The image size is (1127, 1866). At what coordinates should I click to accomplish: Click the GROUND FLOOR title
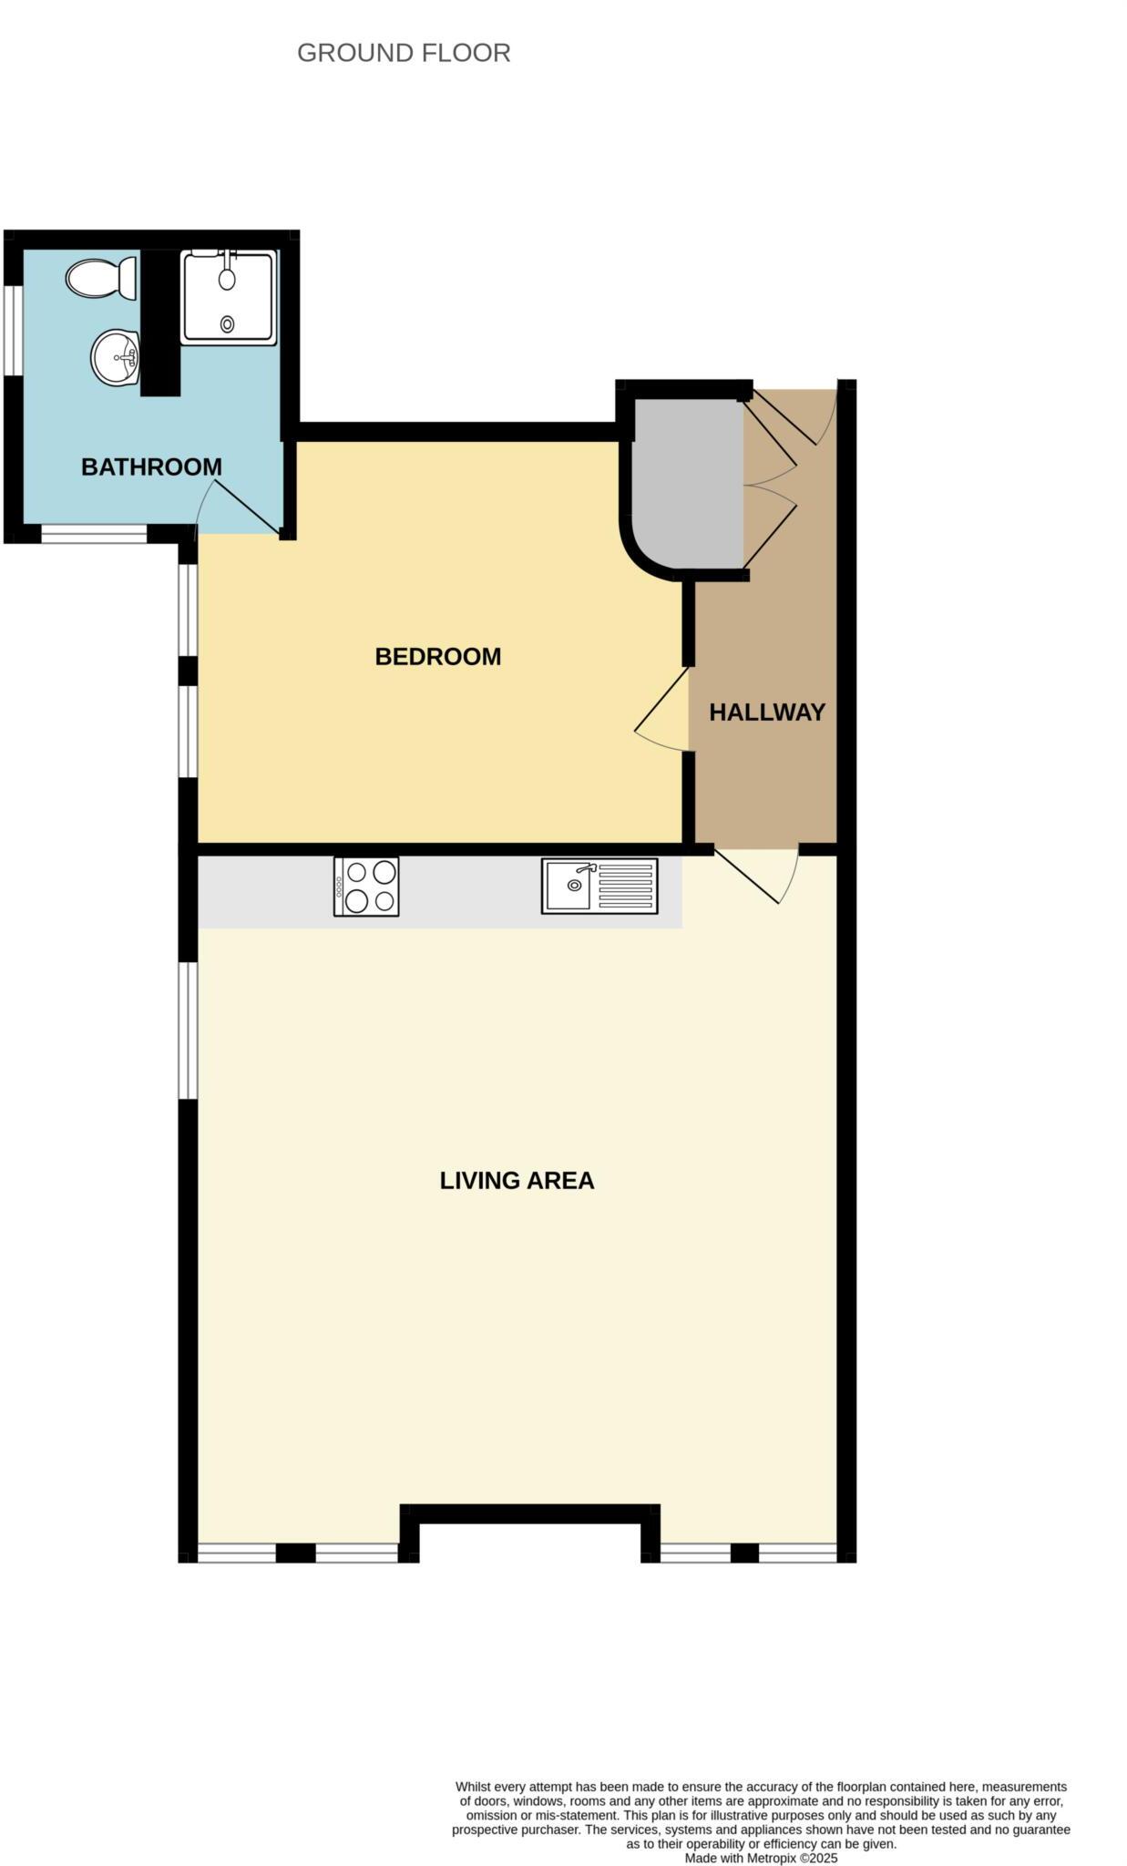click(404, 53)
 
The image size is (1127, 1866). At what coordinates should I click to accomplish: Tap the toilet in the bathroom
click(100, 277)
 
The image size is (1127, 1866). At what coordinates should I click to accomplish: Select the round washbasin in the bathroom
click(114, 356)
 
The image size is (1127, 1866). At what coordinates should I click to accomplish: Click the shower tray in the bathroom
click(228, 297)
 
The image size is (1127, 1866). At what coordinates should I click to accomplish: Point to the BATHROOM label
click(151, 466)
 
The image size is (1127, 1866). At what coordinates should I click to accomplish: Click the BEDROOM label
click(437, 656)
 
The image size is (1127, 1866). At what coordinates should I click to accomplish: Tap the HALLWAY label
click(767, 713)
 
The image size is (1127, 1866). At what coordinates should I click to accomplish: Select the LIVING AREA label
click(517, 1181)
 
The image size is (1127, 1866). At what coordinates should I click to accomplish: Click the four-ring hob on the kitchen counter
click(366, 887)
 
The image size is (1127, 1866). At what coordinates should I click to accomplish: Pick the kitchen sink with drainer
click(599, 885)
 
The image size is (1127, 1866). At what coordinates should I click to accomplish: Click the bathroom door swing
click(239, 508)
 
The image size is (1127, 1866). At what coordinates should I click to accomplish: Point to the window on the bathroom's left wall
click(12, 330)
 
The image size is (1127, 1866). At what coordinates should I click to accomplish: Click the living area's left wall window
click(188, 1030)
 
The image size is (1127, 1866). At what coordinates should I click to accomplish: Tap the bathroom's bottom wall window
click(94, 534)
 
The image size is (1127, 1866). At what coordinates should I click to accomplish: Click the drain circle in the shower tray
click(227, 323)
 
